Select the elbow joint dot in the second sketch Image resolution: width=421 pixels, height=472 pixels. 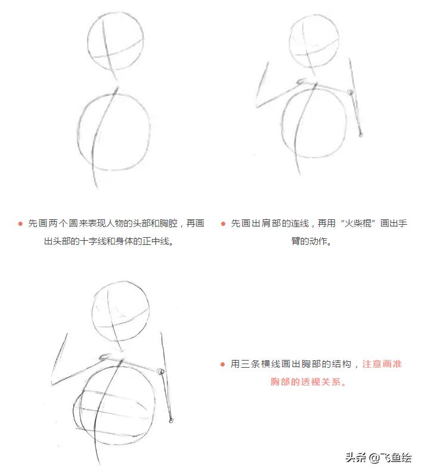[351, 92]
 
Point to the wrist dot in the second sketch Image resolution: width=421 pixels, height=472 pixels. [361, 135]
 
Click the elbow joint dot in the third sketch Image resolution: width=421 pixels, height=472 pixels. [160, 372]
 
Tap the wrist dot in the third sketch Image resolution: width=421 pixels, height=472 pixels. [171, 421]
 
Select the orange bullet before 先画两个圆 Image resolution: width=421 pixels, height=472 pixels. [20, 224]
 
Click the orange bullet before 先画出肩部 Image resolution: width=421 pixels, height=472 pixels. [223, 224]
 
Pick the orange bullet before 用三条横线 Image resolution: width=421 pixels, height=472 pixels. [223, 364]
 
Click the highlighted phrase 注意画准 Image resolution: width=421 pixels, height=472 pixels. [382, 364]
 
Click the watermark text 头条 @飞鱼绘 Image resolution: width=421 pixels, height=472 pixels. [378, 458]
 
